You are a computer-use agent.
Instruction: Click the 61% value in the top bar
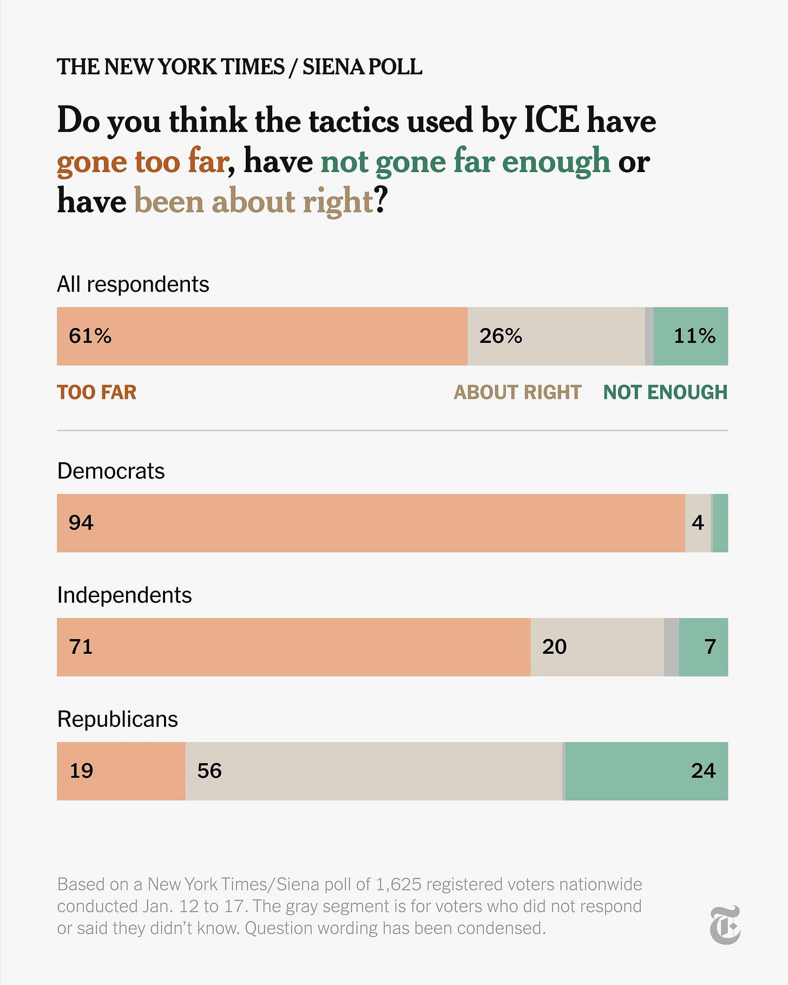(x=90, y=336)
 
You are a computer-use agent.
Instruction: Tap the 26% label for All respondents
(x=501, y=336)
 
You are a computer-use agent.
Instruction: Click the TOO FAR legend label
(x=97, y=392)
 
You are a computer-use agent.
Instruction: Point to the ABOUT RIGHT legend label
(x=517, y=392)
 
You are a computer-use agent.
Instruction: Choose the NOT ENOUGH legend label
(x=665, y=392)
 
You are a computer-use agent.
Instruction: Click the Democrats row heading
(x=111, y=471)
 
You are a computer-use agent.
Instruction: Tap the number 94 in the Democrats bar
(x=81, y=523)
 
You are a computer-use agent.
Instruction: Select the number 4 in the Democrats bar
(x=698, y=523)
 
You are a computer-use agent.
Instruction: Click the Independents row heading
(x=124, y=595)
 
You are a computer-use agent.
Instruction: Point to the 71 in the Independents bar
(x=81, y=647)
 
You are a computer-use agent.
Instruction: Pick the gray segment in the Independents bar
(x=671, y=647)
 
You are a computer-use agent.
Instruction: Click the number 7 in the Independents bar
(x=710, y=647)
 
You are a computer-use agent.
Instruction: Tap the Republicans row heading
(x=117, y=719)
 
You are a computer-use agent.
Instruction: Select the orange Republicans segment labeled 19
(x=121, y=771)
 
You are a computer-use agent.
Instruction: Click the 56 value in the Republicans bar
(x=209, y=771)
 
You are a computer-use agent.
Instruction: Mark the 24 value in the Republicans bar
(x=703, y=771)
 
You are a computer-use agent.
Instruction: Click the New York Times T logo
(x=725, y=925)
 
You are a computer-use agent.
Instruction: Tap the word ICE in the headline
(x=551, y=120)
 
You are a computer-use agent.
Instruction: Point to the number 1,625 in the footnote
(x=398, y=884)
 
